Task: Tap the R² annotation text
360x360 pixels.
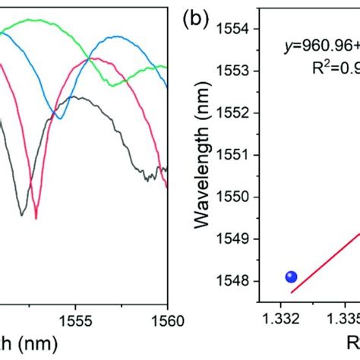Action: (x=334, y=66)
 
